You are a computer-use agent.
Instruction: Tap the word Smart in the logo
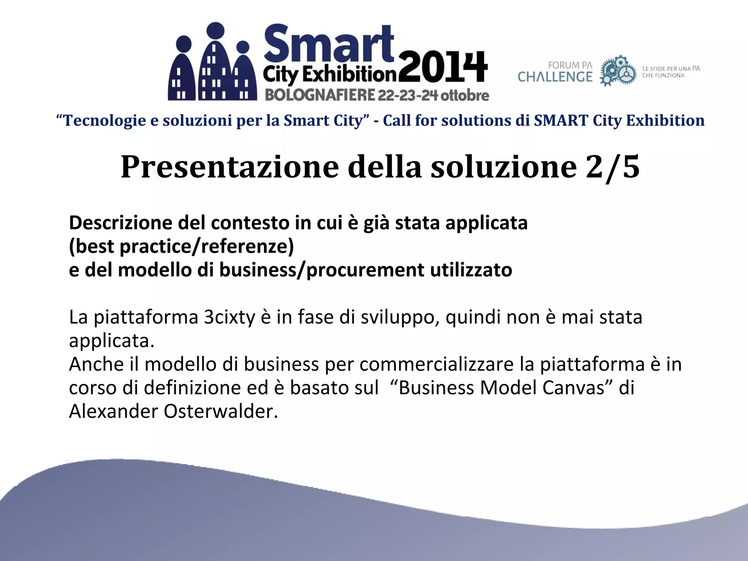[329, 43]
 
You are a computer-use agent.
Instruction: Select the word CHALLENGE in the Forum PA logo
[555, 77]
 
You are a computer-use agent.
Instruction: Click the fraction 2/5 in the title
[612, 167]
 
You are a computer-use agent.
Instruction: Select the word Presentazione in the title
[230, 167]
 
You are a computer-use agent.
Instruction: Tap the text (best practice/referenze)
[182, 246]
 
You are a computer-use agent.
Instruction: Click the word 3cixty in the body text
[229, 317]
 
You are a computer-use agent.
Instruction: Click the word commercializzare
[436, 364]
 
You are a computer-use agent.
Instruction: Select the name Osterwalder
[221, 411]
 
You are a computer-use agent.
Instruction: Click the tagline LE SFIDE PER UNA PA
[671, 68]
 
